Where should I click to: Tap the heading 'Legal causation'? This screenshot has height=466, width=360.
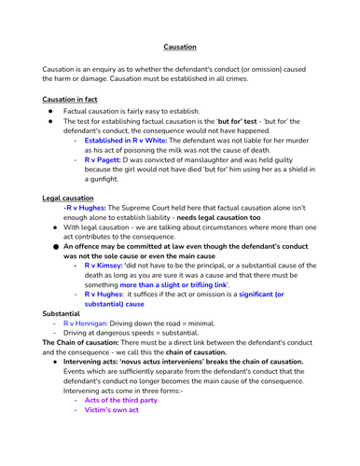pos(68,198)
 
